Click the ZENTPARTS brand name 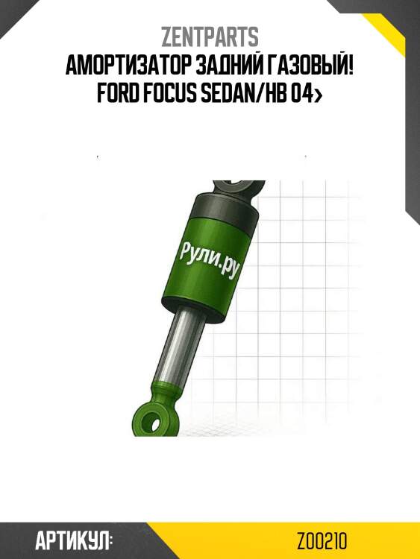(x=210, y=37)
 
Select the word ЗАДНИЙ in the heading (x=228, y=66)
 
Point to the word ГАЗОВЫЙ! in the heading (x=308, y=66)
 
